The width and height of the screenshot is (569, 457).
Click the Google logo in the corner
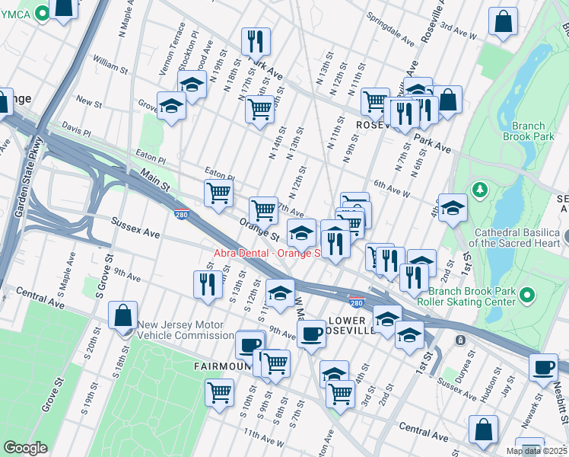point(25,448)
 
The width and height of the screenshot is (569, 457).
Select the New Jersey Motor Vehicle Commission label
point(185,330)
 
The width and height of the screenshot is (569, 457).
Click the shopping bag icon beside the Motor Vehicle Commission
point(122,315)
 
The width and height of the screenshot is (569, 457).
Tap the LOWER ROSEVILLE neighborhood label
point(351,325)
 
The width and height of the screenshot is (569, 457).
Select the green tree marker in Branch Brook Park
point(480,188)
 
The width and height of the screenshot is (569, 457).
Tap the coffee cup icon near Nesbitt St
point(543,367)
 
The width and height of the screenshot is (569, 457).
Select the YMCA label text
point(19,12)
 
